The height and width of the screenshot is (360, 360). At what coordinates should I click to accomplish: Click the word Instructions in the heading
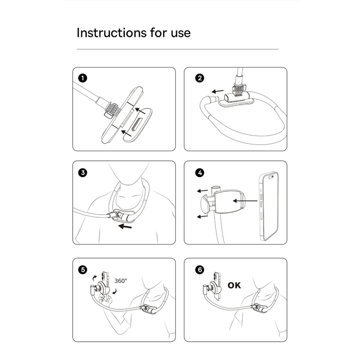112,32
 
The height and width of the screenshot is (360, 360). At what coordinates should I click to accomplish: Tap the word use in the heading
180,33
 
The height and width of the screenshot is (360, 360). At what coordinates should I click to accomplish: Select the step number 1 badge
83,78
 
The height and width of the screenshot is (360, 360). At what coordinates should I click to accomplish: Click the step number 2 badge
199,78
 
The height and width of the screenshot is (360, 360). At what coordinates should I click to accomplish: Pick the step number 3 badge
83,172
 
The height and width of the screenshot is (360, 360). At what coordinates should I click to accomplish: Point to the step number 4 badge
199,172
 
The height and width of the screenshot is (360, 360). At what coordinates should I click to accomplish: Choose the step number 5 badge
83,270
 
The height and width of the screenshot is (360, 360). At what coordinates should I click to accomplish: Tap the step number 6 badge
199,270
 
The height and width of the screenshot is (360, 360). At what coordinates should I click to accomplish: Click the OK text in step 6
234,285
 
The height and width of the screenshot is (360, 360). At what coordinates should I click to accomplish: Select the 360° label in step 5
121,281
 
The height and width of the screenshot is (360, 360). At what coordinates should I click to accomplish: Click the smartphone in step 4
269,206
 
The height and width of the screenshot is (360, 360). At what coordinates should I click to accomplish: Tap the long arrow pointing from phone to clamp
245,201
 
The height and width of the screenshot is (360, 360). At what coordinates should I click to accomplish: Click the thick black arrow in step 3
125,227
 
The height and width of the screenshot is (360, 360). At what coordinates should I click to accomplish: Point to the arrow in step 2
217,91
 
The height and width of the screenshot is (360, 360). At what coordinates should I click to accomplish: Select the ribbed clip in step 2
239,90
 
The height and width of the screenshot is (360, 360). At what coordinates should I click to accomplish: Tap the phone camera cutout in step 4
271,177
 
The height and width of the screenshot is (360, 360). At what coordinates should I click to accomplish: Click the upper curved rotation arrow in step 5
94,278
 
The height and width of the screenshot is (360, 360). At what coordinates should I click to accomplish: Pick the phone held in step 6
216,286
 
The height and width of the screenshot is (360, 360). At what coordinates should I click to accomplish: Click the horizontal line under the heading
178,49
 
